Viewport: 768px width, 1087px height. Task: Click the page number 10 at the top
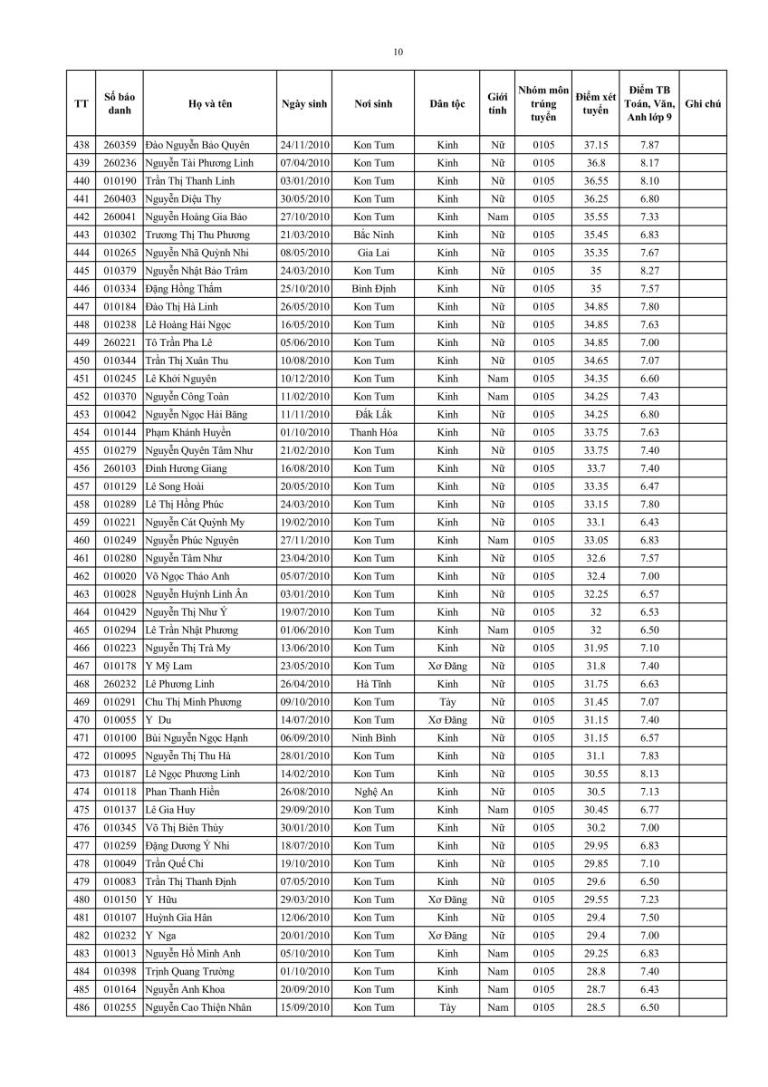[398, 52]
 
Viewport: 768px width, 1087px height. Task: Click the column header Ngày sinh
[304, 104]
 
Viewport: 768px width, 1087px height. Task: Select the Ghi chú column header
[703, 104]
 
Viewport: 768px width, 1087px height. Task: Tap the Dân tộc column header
[447, 104]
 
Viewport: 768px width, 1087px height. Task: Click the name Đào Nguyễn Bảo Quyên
[197, 145]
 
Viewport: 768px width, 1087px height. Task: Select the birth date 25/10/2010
[304, 289]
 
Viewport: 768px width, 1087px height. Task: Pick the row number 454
[82, 433]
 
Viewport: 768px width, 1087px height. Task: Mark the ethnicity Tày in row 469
[447, 702]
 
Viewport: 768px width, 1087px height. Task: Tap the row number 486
[82, 1007]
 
